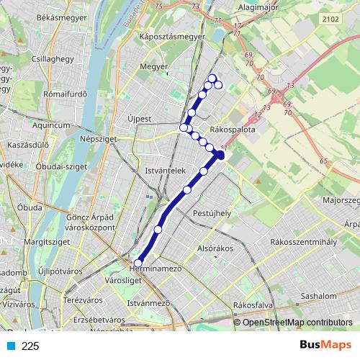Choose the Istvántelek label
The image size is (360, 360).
[x=166, y=171]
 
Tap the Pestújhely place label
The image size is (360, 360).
[x=212, y=213]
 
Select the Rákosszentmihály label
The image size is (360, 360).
[x=303, y=243]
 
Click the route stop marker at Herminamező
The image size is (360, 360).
[x=138, y=264]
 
